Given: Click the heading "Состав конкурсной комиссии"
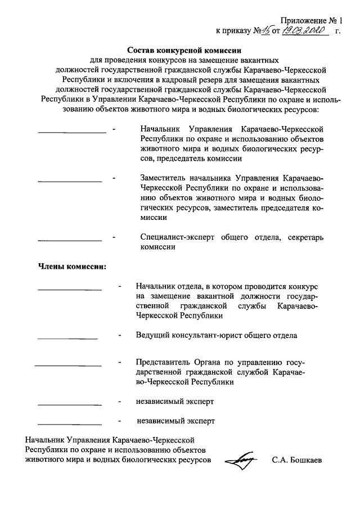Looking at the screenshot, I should (x=184, y=49).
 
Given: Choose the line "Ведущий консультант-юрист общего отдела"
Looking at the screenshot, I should (x=217, y=335).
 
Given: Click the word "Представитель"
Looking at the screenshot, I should (x=164, y=362).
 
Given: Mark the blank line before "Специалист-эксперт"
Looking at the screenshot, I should (x=69, y=240).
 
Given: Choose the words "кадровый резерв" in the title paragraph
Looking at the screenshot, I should (x=174, y=79).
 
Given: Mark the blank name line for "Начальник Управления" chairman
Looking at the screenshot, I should (x=71, y=132).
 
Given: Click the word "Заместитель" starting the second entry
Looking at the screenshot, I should (x=165, y=177).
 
